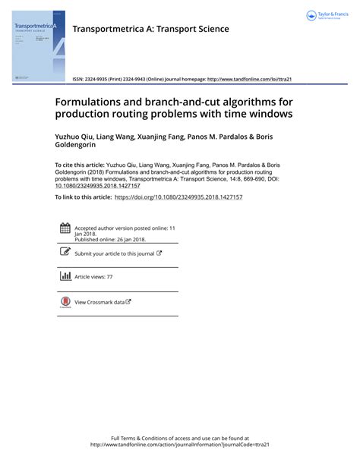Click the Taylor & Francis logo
327,16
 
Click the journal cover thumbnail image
39,46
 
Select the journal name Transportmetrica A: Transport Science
150,29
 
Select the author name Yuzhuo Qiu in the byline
74,137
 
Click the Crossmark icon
65,302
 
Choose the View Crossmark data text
99,302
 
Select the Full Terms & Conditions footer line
180,439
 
